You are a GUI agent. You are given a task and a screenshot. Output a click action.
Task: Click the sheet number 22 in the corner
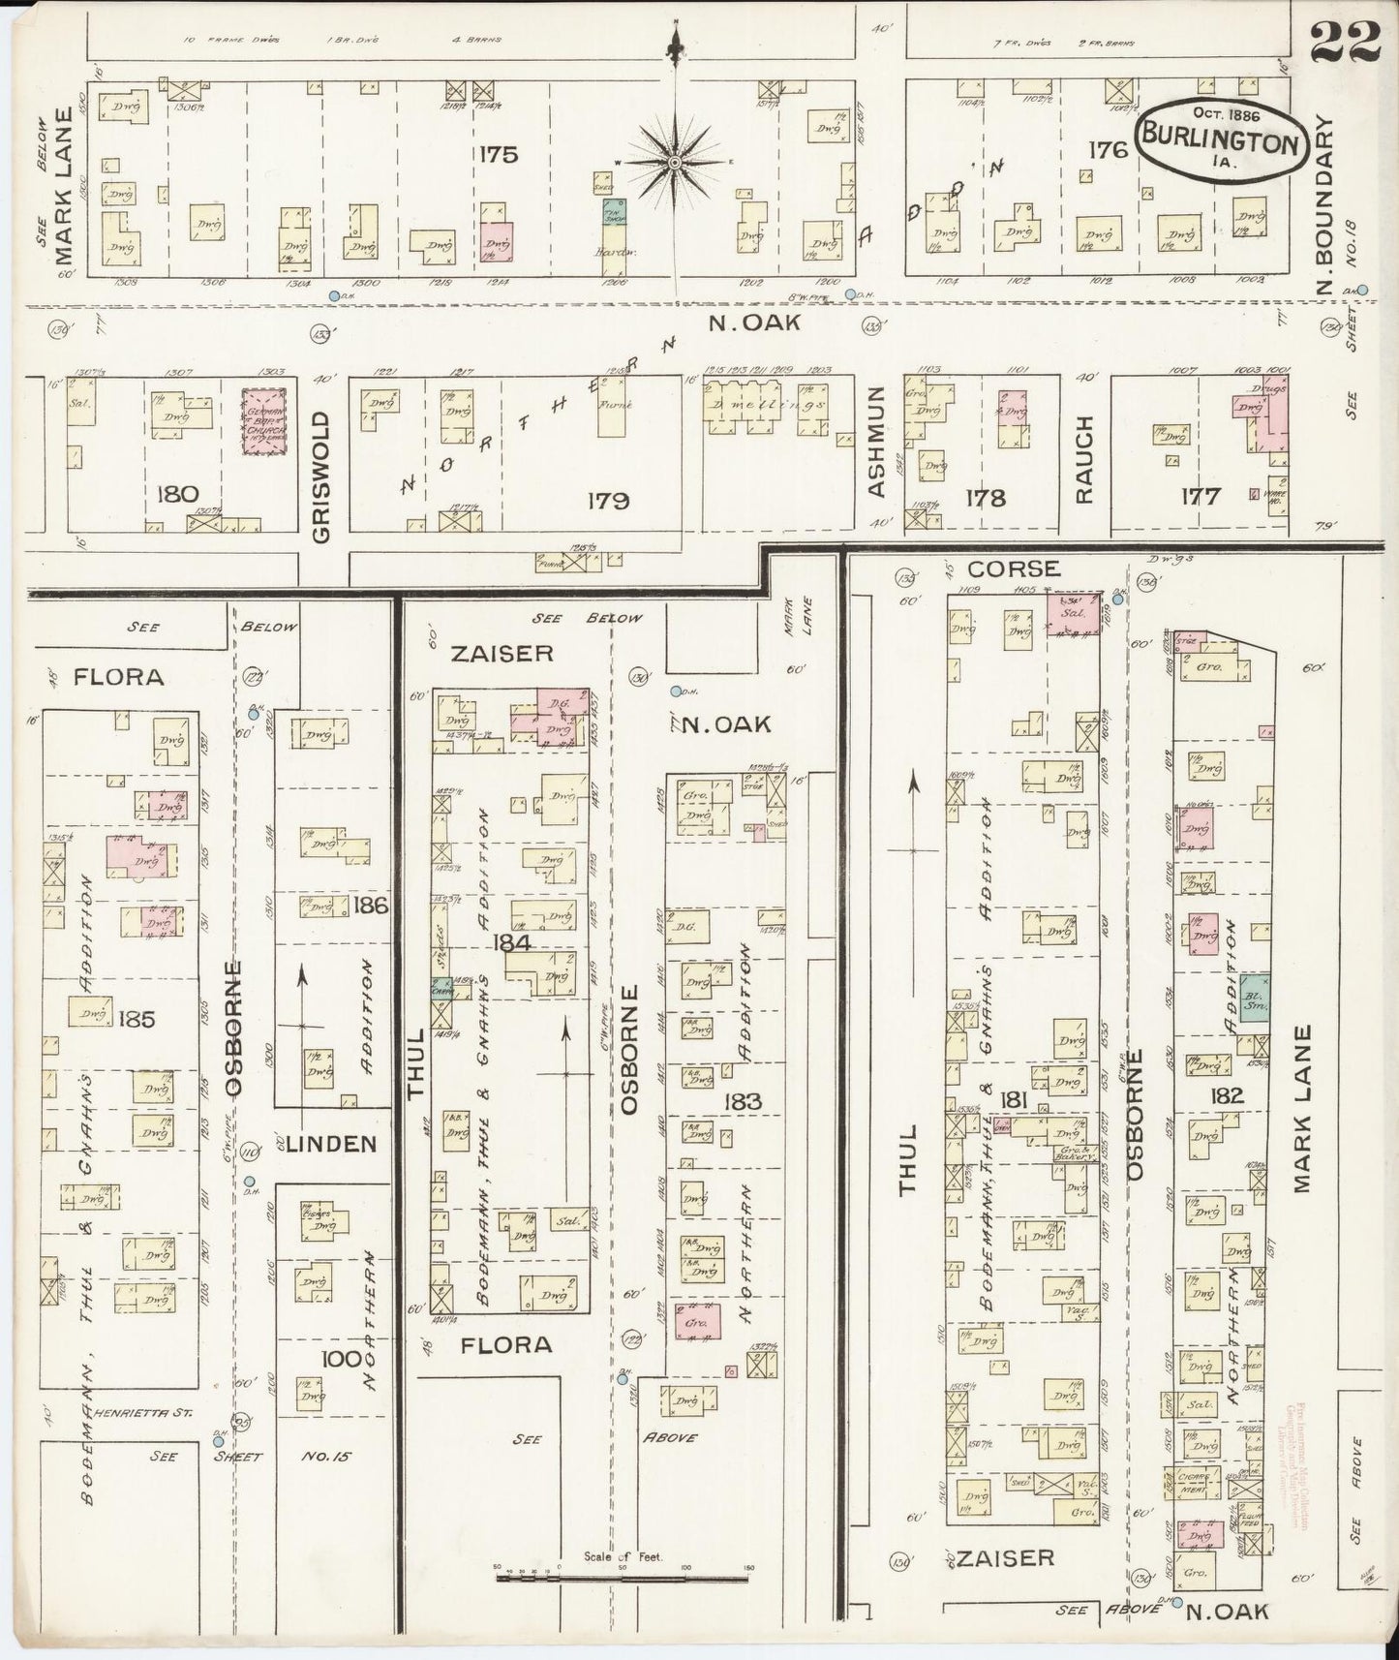click(1345, 42)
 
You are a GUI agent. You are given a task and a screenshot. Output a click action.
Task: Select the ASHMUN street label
click(877, 441)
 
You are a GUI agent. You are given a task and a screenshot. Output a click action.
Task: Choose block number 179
click(607, 501)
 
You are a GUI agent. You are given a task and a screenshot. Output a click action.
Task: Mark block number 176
click(1109, 149)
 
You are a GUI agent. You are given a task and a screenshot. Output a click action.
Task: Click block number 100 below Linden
click(342, 1358)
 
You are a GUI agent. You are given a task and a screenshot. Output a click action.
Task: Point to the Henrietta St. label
click(150, 1413)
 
